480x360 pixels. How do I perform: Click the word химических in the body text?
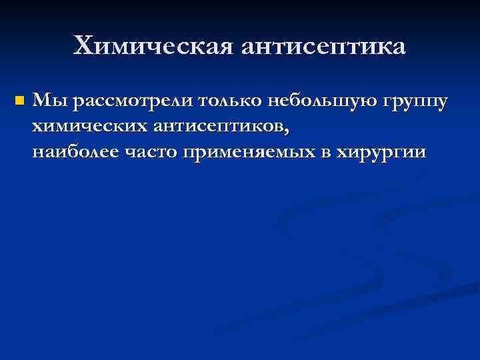click(92, 127)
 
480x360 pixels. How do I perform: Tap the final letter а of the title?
click(398, 47)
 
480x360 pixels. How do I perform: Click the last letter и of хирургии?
click(419, 153)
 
